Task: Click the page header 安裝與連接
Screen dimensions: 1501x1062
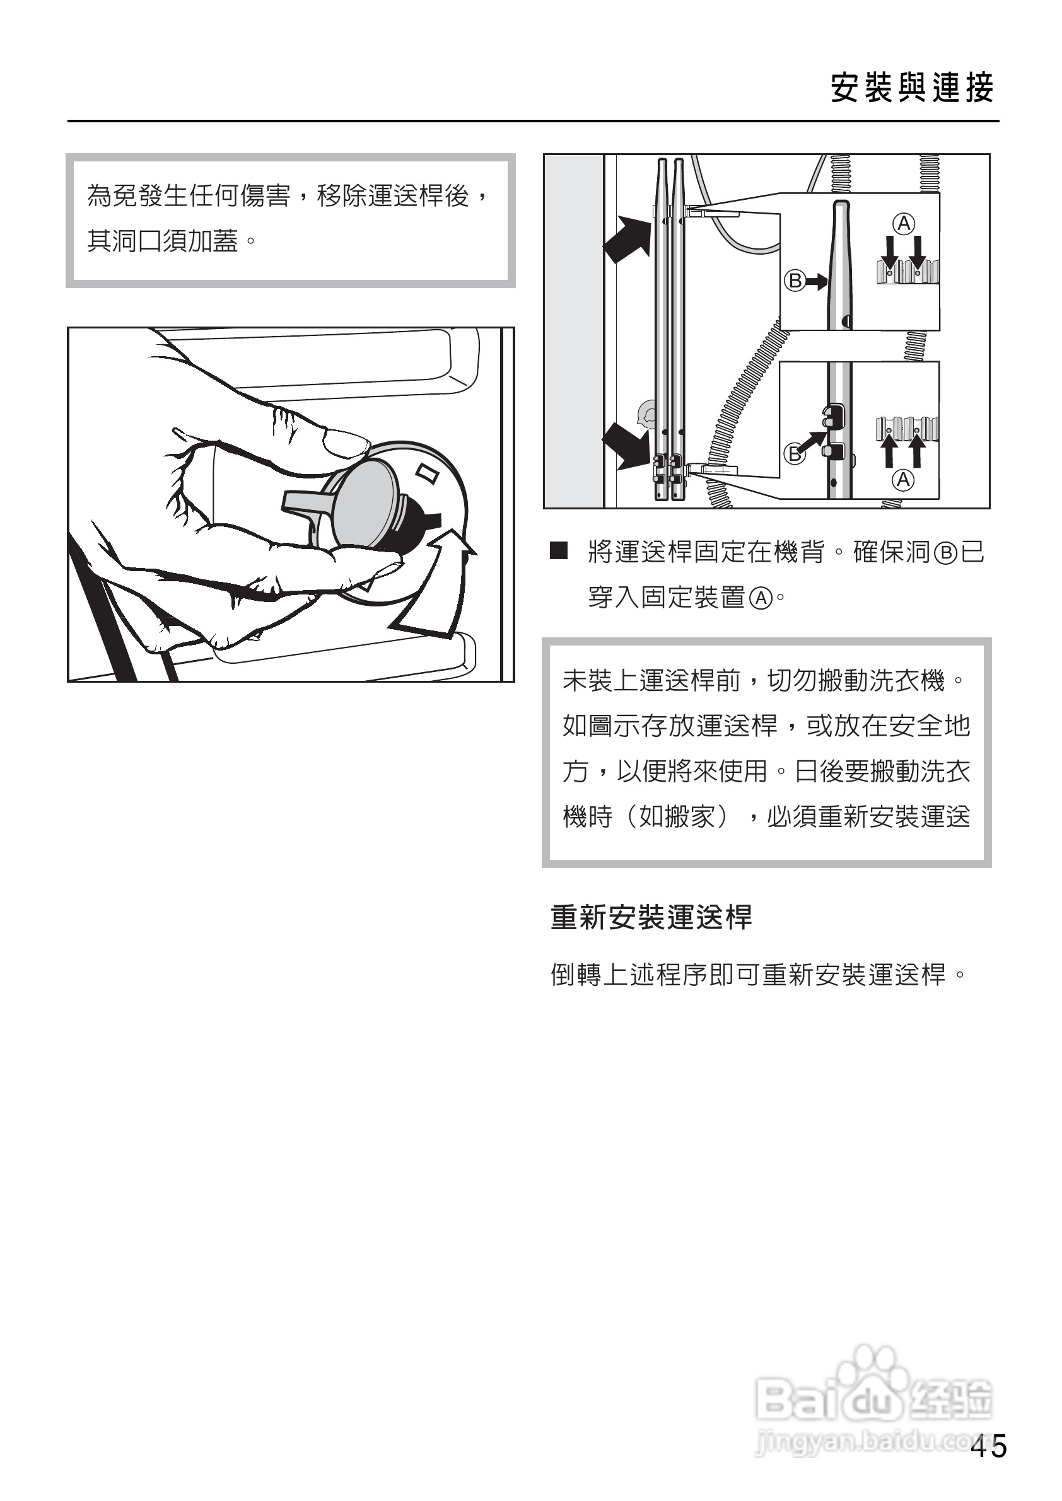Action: [912, 88]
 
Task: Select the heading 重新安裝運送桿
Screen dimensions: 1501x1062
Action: [651, 917]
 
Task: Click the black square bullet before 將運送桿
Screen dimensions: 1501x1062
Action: [559, 550]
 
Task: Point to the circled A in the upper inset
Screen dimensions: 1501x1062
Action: [904, 224]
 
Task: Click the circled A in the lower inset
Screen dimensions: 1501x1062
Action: [903, 480]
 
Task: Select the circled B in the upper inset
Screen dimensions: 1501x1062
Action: [795, 281]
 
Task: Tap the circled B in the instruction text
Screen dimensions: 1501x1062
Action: [945, 553]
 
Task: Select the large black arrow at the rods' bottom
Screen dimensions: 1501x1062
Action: [626, 445]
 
